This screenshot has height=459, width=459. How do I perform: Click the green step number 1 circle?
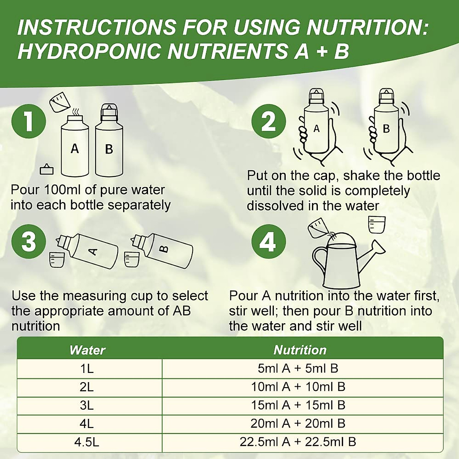coord(29,122)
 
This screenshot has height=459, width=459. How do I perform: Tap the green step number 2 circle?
coord(269,122)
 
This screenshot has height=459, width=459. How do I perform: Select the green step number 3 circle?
coord(29,242)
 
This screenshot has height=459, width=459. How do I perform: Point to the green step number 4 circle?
coord(269,242)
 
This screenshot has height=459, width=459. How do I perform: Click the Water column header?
coord(87,350)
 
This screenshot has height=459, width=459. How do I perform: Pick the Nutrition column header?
coord(300,350)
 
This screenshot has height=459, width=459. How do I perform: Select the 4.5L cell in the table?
coord(87,442)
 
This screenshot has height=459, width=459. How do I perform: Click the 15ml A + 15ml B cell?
coord(298,405)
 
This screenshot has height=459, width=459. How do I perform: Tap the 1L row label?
coord(87,368)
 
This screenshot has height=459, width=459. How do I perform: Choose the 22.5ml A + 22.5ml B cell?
coord(298,442)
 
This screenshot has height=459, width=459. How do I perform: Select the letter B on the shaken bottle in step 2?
coord(386,129)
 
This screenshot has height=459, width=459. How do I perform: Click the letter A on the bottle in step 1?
coord(75,148)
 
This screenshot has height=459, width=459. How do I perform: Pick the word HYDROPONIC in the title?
coord(89,51)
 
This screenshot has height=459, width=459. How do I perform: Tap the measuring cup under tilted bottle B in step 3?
coord(131,259)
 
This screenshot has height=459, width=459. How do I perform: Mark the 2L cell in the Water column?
coord(87,387)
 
